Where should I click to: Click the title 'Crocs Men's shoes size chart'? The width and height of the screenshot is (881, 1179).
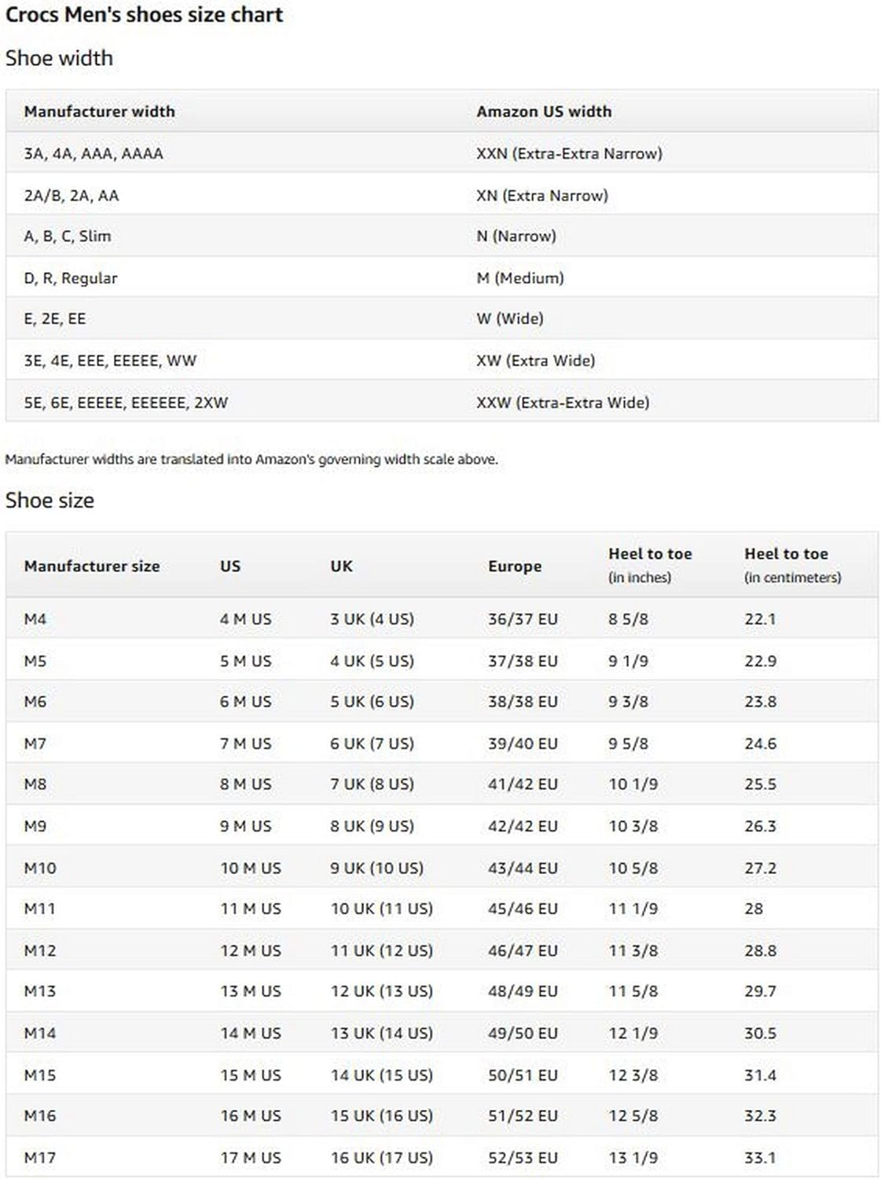[x=144, y=15]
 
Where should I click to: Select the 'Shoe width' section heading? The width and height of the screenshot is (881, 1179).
[x=59, y=58]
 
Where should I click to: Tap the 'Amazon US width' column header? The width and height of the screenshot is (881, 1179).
[x=544, y=112]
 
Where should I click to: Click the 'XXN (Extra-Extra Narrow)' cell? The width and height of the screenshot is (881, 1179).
[x=569, y=153]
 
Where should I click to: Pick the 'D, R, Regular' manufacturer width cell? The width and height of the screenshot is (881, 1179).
[x=71, y=278]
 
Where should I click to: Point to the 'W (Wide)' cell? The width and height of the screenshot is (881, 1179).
[x=510, y=318]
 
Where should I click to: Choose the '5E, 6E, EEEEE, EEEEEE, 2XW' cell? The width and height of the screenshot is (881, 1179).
[x=126, y=402]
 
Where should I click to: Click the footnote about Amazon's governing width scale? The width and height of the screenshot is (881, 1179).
[x=251, y=459]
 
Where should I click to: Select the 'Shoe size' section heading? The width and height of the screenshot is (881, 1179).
[x=50, y=501]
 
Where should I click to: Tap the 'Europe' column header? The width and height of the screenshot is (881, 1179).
[x=515, y=566]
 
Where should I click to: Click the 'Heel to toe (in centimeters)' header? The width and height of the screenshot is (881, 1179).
[x=792, y=564]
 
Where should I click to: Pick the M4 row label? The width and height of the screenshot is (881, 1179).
[x=35, y=619]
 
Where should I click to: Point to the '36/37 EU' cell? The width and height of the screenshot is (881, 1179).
[x=523, y=619]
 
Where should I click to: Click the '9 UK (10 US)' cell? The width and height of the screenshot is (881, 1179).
[x=376, y=868]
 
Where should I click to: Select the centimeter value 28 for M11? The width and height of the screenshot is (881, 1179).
[x=754, y=909]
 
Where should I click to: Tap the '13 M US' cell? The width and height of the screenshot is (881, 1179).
[x=251, y=991]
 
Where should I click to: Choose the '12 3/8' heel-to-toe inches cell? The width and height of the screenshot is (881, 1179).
[x=633, y=1074]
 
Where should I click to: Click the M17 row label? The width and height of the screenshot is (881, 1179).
[x=40, y=1158]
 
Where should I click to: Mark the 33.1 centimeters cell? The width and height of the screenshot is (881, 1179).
[x=760, y=1158]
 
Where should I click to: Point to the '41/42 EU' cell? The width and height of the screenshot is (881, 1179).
[x=523, y=784]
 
